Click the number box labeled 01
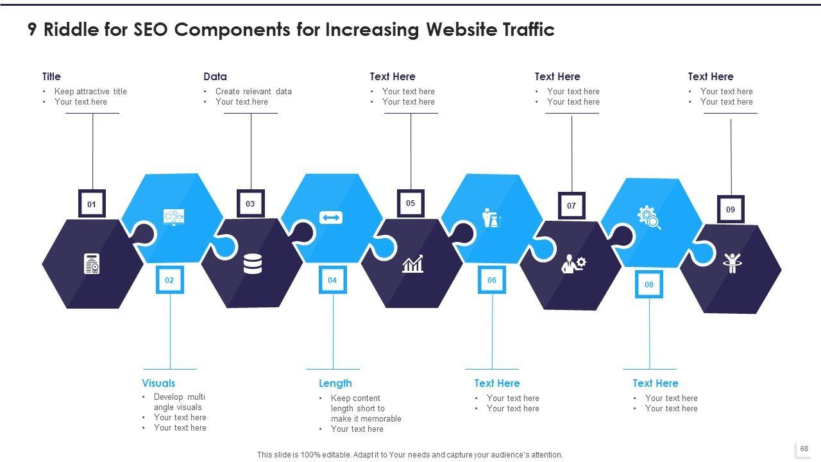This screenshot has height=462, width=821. [x=92, y=204]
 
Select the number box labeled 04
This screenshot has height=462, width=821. [x=332, y=280]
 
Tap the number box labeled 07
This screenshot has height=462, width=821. [x=571, y=206]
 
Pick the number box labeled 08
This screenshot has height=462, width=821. [x=649, y=284]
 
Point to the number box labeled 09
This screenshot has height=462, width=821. [x=731, y=209]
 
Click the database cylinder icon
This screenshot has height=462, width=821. [x=253, y=264]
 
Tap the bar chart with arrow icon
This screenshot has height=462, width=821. [x=412, y=264]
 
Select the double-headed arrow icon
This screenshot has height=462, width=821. [x=331, y=218]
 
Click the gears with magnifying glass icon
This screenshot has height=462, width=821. [x=649, y=218]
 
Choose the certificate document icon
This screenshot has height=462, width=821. [x=92, y=264]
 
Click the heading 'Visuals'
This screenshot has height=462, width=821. [x=158, y=383]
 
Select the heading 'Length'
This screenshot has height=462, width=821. [x=335, y=383]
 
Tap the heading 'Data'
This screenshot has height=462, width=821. [x=215, y=76]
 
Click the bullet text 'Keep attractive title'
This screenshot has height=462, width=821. [x=90, y=92]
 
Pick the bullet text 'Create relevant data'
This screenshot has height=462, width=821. [x=253, y=92]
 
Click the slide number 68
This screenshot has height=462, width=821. [x=804, y=449]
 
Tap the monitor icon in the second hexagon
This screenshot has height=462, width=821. [x=174, y=217]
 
